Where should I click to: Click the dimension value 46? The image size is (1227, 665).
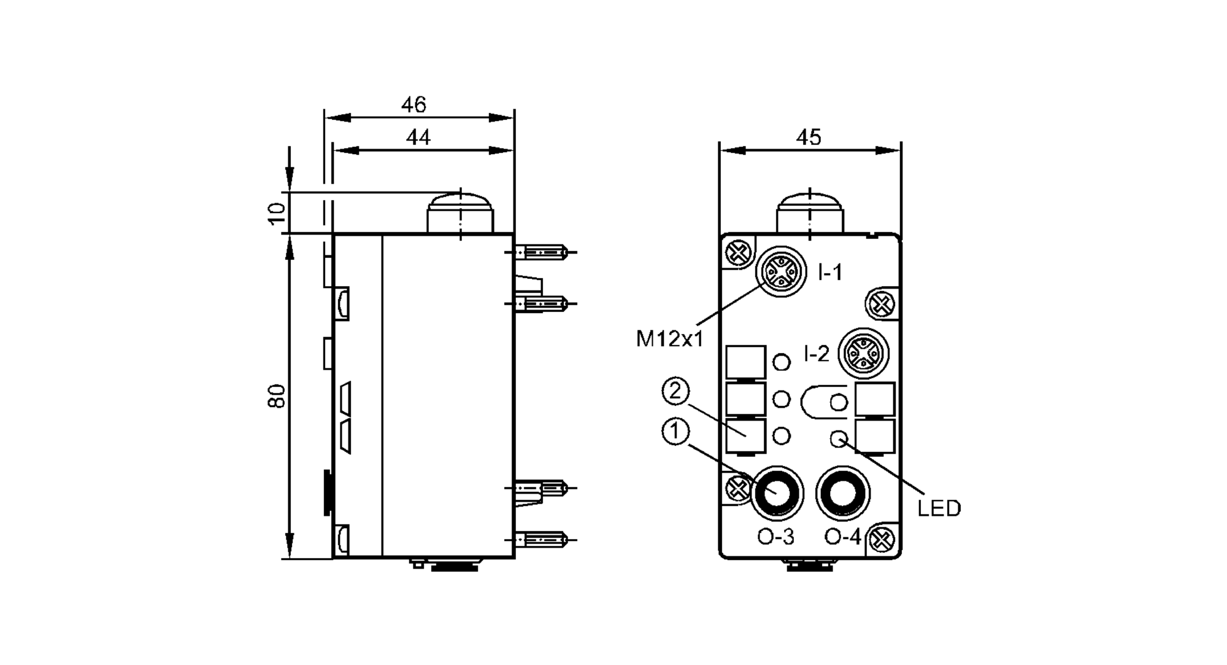(413, 105)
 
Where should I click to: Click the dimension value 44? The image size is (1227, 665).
(418, 138)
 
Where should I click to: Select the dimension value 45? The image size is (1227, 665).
(809, 138)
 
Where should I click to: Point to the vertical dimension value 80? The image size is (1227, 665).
(277, 396)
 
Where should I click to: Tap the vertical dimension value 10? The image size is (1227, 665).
(277, 212)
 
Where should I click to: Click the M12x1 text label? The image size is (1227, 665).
(669, 338)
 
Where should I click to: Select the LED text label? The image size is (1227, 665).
(939, 508)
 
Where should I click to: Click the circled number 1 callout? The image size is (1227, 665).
(675, 432)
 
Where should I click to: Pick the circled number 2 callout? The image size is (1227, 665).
(675, 392)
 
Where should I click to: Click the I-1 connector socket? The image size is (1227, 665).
(781, 270)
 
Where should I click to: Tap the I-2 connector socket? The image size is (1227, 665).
(864, 352)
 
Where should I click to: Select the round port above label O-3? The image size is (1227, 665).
(776, 492)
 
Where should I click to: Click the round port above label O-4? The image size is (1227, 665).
(842, 492)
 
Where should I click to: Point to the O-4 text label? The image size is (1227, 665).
(843, 537)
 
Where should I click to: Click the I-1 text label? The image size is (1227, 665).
(831, 272)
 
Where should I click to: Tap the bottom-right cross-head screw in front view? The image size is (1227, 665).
(883, 540)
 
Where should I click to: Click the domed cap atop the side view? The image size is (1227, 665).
(460, 212)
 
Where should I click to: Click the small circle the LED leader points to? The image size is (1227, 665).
(838, 438)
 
